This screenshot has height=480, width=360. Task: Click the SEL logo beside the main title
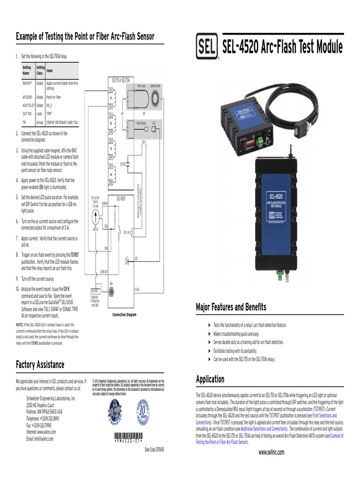pos(206,47)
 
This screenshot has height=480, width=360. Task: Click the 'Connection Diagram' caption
pos(124,315)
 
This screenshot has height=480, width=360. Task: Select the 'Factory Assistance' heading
pos(40,364)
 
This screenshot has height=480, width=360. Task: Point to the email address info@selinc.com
pos(40,439)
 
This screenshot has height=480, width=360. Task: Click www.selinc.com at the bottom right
pos(271,452)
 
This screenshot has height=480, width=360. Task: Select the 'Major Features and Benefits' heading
pos(231,307)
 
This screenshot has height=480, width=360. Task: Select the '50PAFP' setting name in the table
pos(27,82)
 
